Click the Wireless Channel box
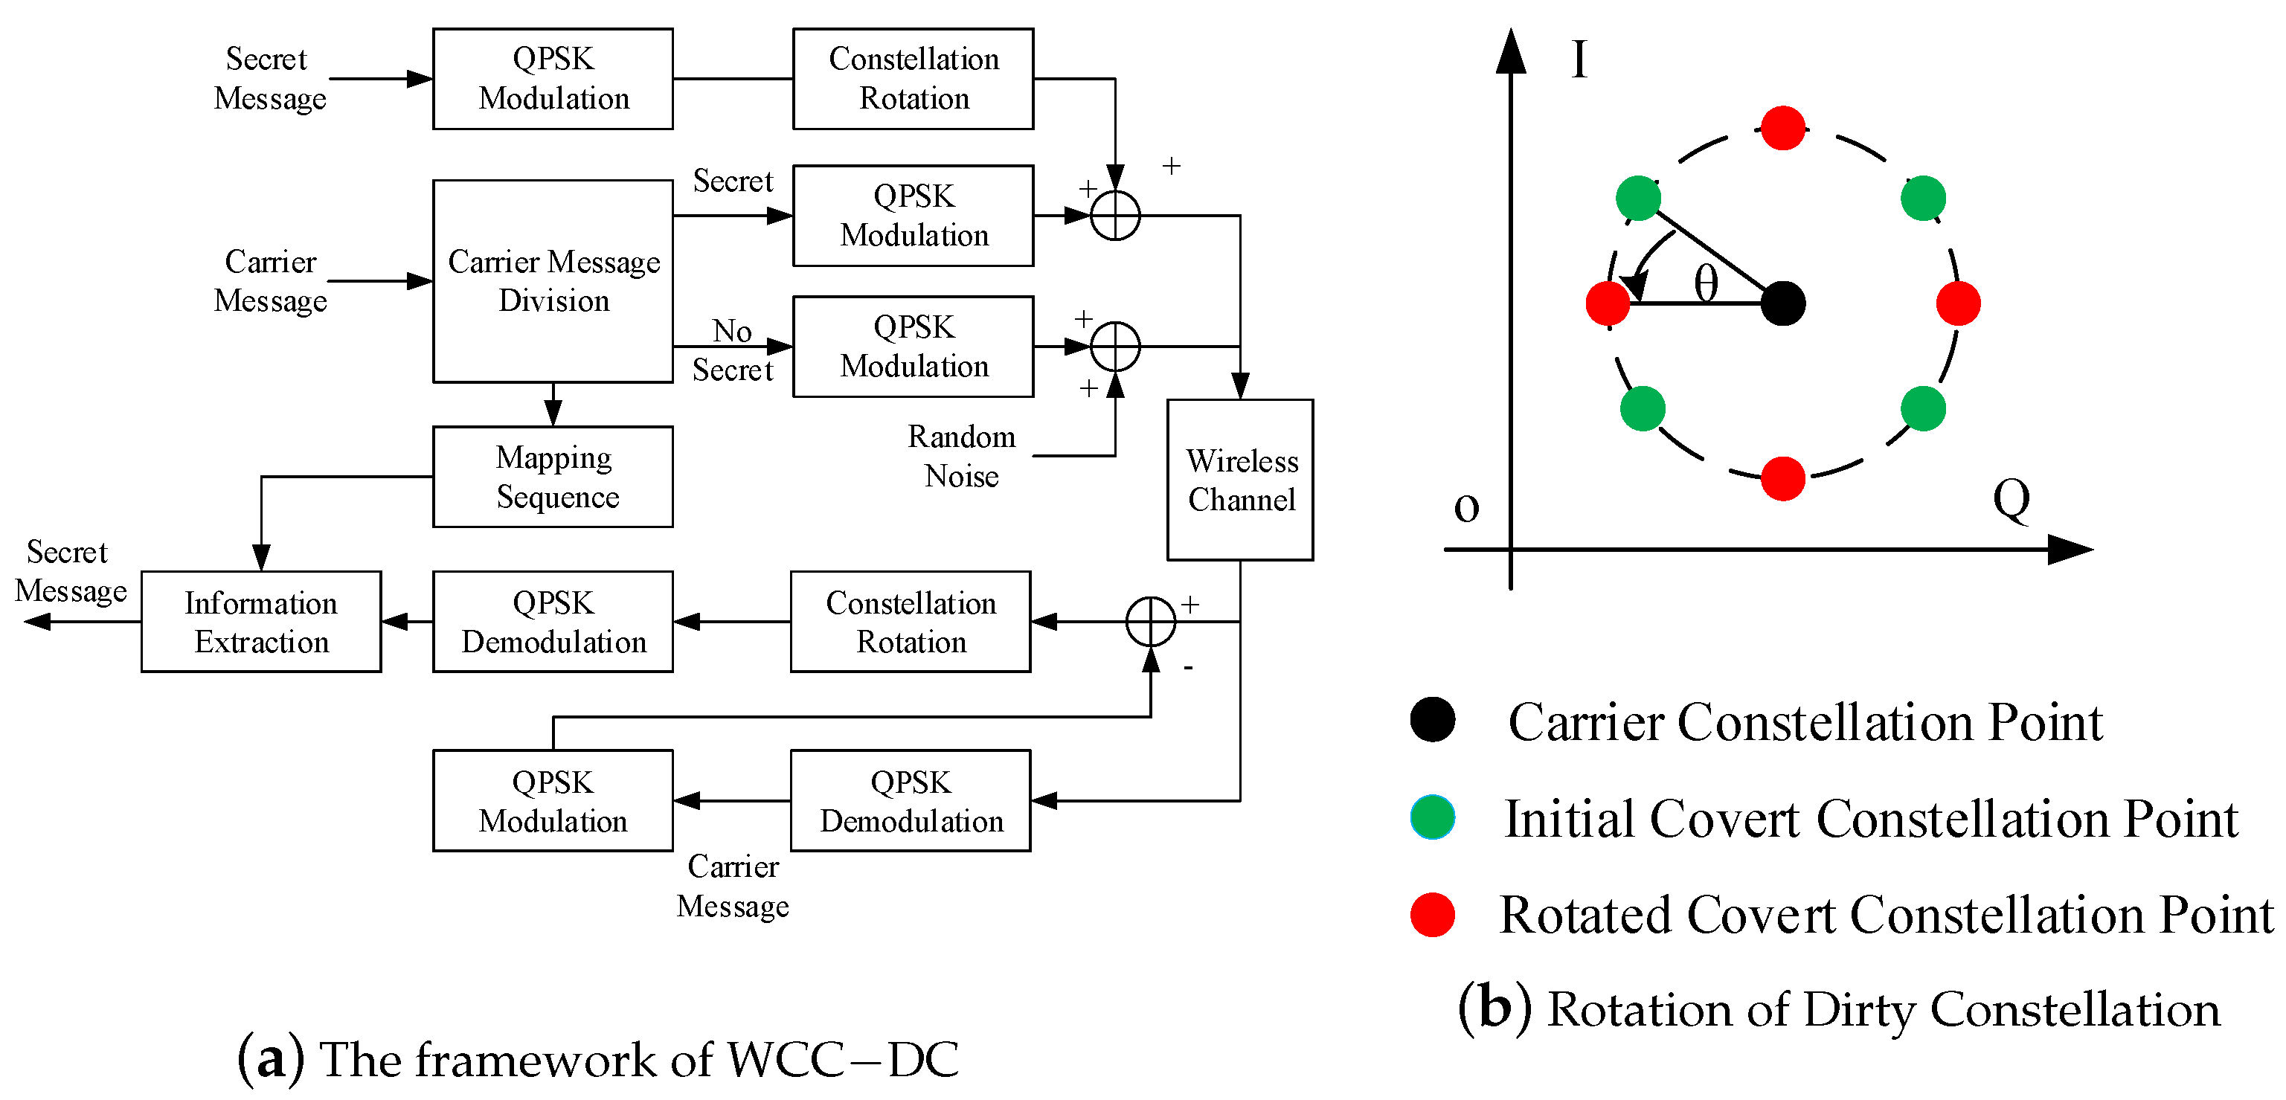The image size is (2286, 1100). (1240, 479)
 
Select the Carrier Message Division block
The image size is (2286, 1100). (553, 281)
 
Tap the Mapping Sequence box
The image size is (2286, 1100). (553, 477)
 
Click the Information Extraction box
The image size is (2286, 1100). (261, 621)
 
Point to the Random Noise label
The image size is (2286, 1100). (961, 456)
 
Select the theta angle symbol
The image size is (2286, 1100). (1706, 284)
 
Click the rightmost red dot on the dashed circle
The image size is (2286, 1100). (1958, 303)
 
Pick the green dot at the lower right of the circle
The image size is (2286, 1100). (1923, 408)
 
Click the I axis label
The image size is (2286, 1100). (1579, 60)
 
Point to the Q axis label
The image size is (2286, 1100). (2011, 500)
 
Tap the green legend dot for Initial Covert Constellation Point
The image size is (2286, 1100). (1432, 817)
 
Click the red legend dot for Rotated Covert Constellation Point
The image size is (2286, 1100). (1432, 915)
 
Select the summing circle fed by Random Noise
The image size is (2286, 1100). (1114, 346)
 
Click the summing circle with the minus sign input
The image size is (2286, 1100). (1150, 621)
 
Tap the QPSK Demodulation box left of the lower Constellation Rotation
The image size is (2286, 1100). (553, 621)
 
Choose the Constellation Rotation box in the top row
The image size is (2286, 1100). (914, 78)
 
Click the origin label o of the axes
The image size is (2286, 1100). (1466, 507)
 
